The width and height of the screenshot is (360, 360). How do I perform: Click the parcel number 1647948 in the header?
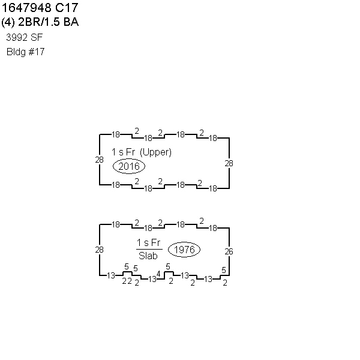pyautogui.click(x=26, y=8)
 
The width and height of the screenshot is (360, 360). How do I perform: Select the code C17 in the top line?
pyautogui.click(x=67, y=8)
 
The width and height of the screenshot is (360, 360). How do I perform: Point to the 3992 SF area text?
pyautogui.click(x=25, y=37)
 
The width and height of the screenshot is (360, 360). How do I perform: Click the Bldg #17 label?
pyautogui.click(x=25, y=52)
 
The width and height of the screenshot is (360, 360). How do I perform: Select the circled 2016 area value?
pyautogui.click(x=129, y=166)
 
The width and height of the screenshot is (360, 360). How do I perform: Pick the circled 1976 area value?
pyautogui.click(x=184, y=250)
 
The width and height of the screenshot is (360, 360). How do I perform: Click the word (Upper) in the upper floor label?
pyautogui.click(x=155, y=152)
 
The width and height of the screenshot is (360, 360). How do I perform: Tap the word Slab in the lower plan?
pyautogui.click(x=148, y=256)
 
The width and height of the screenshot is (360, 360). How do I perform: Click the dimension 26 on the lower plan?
pyautogui.click(x=229, y=251)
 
